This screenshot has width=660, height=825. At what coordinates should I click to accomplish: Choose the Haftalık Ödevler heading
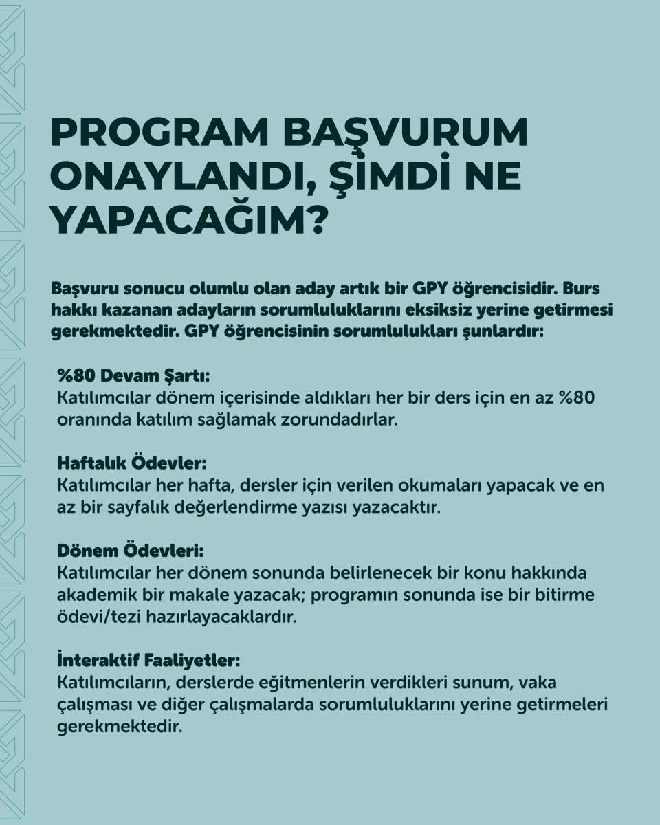click(x=132, y=464)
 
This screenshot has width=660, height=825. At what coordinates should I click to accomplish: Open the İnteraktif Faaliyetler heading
click(x=148, y=661)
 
